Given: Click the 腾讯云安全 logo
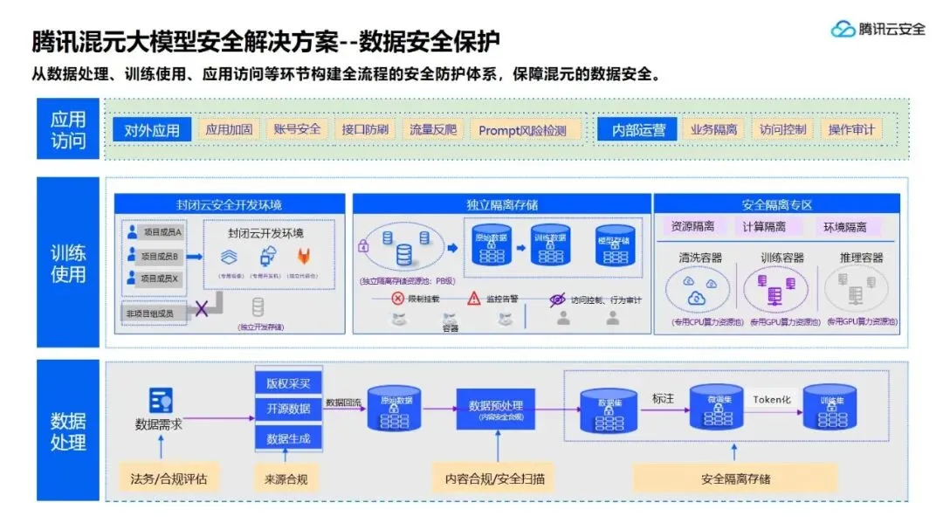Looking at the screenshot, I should (878, 29).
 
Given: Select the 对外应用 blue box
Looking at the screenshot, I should (151, 130).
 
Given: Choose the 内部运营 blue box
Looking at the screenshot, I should (637, 130).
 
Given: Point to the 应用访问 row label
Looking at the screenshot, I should (68, 129).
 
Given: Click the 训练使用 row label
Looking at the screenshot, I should (68, 263).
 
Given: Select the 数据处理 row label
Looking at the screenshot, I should (68, 430).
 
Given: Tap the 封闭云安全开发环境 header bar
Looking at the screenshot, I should (230, 204).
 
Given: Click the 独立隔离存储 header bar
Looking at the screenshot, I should (501, 204).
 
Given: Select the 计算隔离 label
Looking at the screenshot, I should (764, 227).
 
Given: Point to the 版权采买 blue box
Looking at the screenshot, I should (288, 383).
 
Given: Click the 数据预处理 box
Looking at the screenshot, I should (495, 408).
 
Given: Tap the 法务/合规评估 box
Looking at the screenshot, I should (169, 478).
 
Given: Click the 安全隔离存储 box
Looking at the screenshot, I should (735, 478).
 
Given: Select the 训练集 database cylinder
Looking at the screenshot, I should (829, 407).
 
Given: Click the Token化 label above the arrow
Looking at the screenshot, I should (771, 398).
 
